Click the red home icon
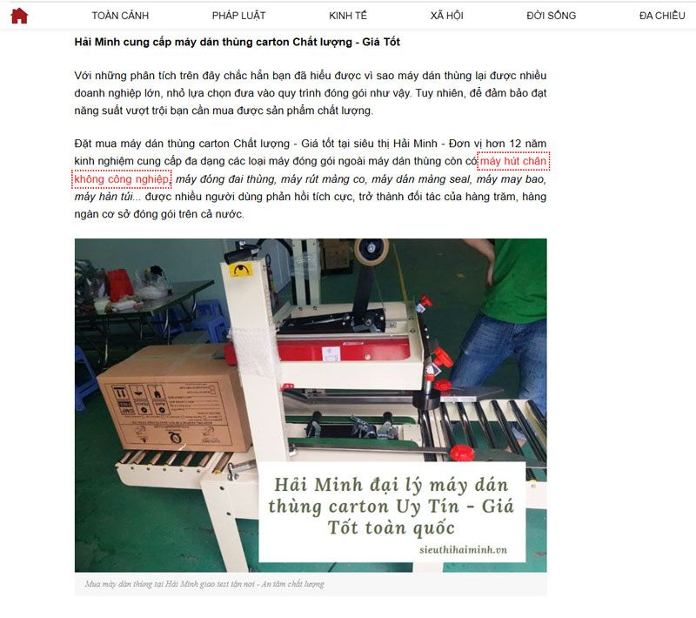(x=19, y=16)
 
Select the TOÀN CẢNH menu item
(x=120, y=16)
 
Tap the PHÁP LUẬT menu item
(x=238, y=16)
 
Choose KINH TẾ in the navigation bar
(x=348, y=16)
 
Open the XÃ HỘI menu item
(x=446, y=16)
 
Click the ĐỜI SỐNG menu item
(x=552, y=16)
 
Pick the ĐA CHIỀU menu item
(x=662, y=16)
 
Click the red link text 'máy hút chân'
(x=513, y=161)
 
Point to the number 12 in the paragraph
(x=515, y=144)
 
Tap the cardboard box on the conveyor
(x=174, y=399)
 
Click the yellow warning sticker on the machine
(x=240, y=270)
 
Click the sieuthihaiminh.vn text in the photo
(x=463, y=549)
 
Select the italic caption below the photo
(x=204, y=584)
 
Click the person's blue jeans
(x=502, y=355)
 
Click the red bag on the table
(x=119, y=284)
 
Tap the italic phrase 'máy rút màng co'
(x=323, y=179)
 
